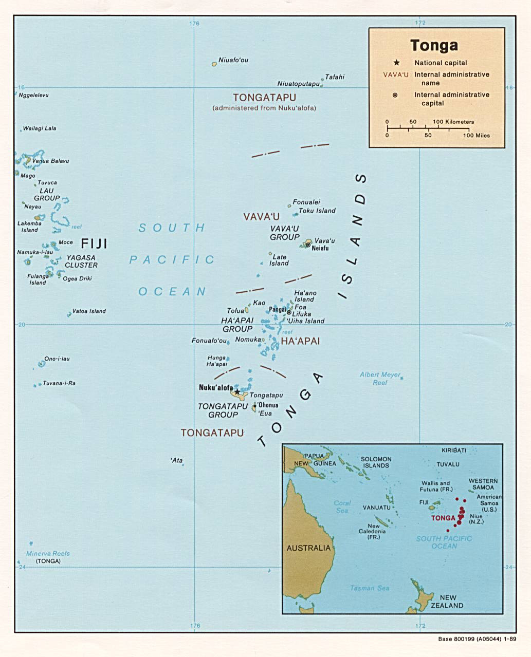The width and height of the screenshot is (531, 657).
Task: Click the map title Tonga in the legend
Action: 434,45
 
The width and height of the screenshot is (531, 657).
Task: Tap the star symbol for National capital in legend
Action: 396,63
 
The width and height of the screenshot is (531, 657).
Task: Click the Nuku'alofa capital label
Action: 215,388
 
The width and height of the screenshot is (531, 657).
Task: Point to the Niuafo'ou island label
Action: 233,60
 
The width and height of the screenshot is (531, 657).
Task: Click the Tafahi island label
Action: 335,77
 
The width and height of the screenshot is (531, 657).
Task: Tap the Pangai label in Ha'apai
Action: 277,309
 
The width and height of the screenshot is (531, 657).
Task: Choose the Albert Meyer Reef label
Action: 380,379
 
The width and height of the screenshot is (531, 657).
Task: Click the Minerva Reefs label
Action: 48,553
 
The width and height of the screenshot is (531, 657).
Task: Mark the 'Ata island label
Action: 176,460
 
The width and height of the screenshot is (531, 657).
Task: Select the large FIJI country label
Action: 94,243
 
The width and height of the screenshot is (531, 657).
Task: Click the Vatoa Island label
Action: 89,311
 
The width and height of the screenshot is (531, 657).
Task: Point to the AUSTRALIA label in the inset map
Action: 308,548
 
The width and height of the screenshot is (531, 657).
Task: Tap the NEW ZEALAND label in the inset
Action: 447,602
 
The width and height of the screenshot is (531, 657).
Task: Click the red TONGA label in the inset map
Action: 443,518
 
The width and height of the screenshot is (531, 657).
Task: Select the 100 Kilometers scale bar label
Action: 453,122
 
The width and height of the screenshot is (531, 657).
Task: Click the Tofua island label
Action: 235,311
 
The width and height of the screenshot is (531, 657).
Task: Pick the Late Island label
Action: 279,260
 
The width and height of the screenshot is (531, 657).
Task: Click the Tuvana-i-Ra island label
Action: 59,383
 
